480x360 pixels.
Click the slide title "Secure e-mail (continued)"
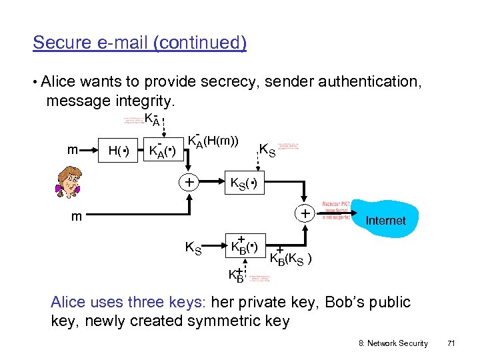pyautogui.click(x=139, y=43)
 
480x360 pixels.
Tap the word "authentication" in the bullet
pyautogui.click(x=369, y=82)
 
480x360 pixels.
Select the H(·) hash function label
pyautogui.click(x=118, y=151)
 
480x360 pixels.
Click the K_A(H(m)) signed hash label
pyautogui.click(x=213, y=141)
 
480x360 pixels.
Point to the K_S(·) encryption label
pyautogui.click(x=243, y=183)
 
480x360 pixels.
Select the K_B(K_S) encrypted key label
pyautogui.click(x=292, y=257)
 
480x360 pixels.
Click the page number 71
pyautogui.click(x=451, y=343)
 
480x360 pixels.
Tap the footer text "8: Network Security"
pyautogui.click(x=393, y=343)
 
